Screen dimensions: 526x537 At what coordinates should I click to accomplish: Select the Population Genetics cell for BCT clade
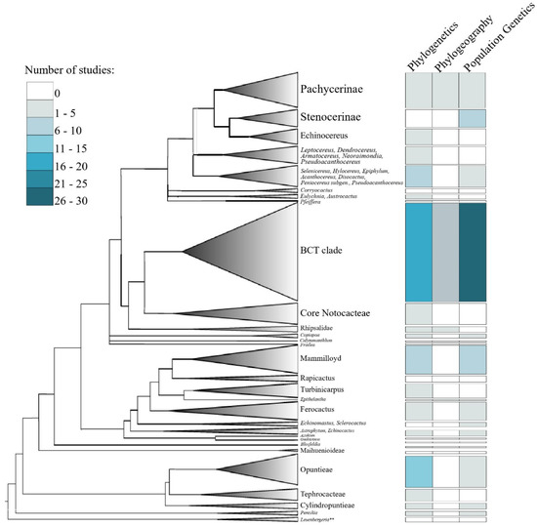(x=473, y=251)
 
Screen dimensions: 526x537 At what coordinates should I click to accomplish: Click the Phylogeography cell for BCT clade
(x=445, y=251)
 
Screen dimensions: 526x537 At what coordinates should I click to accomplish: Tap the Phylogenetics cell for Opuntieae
(x=418, y=470)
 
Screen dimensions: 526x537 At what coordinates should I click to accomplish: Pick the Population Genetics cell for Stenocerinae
(x=473, y=118)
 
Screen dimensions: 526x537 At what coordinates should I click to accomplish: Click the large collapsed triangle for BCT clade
(x=254, y=251)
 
